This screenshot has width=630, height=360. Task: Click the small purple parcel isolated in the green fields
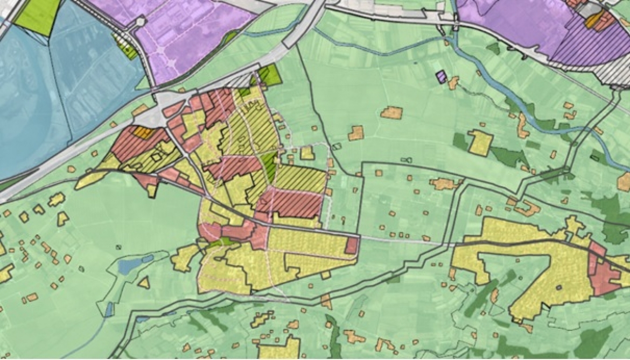[441, 77]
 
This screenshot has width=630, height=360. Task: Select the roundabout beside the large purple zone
[141, 22]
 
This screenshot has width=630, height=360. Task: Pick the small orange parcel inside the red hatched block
[142, 132]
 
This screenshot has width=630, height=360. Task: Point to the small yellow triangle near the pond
[144, 282]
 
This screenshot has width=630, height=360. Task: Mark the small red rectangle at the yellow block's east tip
[352, 245]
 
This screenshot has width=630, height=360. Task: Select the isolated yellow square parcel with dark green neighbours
[480, 142]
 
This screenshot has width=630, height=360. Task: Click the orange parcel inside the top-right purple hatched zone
[593, 20]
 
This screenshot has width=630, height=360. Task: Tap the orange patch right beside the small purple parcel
[453, 82]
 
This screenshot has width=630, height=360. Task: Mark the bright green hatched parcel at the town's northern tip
[270, 76]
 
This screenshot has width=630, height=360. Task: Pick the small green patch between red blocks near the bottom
[222, 243]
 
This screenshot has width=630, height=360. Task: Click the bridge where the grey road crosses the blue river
[457, 24]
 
